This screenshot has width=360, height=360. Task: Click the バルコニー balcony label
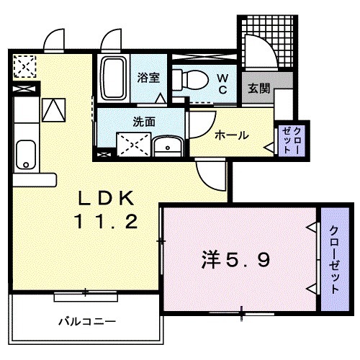[87, 321]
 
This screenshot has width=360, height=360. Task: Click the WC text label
[223, 83]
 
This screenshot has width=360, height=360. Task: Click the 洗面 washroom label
[145, 122]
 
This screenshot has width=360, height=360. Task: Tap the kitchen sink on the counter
[25, 153]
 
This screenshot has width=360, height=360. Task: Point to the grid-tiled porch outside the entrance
[266, 40]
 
